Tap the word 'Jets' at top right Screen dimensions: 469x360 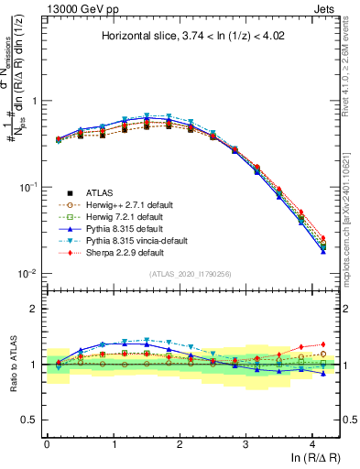coord(324,8)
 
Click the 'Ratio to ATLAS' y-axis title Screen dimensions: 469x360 coord(15,365)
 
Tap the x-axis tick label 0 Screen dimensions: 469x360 coord(47,443)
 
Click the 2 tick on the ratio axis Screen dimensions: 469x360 coord(37,309)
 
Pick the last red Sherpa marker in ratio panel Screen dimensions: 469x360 coord(322,344)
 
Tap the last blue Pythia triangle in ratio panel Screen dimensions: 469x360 coord(322,374)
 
